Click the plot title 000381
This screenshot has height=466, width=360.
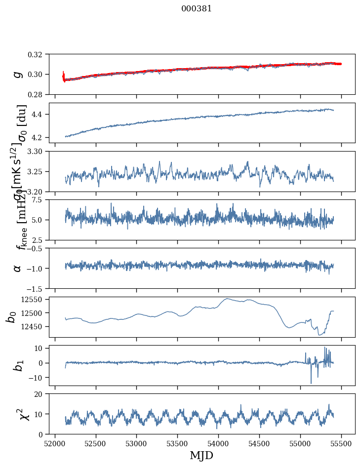pyautogui.click(x=197, y=9)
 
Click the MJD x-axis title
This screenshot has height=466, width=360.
pyautogui.click(x=201, y=455)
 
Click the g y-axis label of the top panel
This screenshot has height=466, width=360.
pyautogui.click(x=18, y=74)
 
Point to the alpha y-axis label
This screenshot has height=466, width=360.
pyautogui.click(x=18, y=268)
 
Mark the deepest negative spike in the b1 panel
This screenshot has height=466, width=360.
pyautogui.click(x=311, y=383)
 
